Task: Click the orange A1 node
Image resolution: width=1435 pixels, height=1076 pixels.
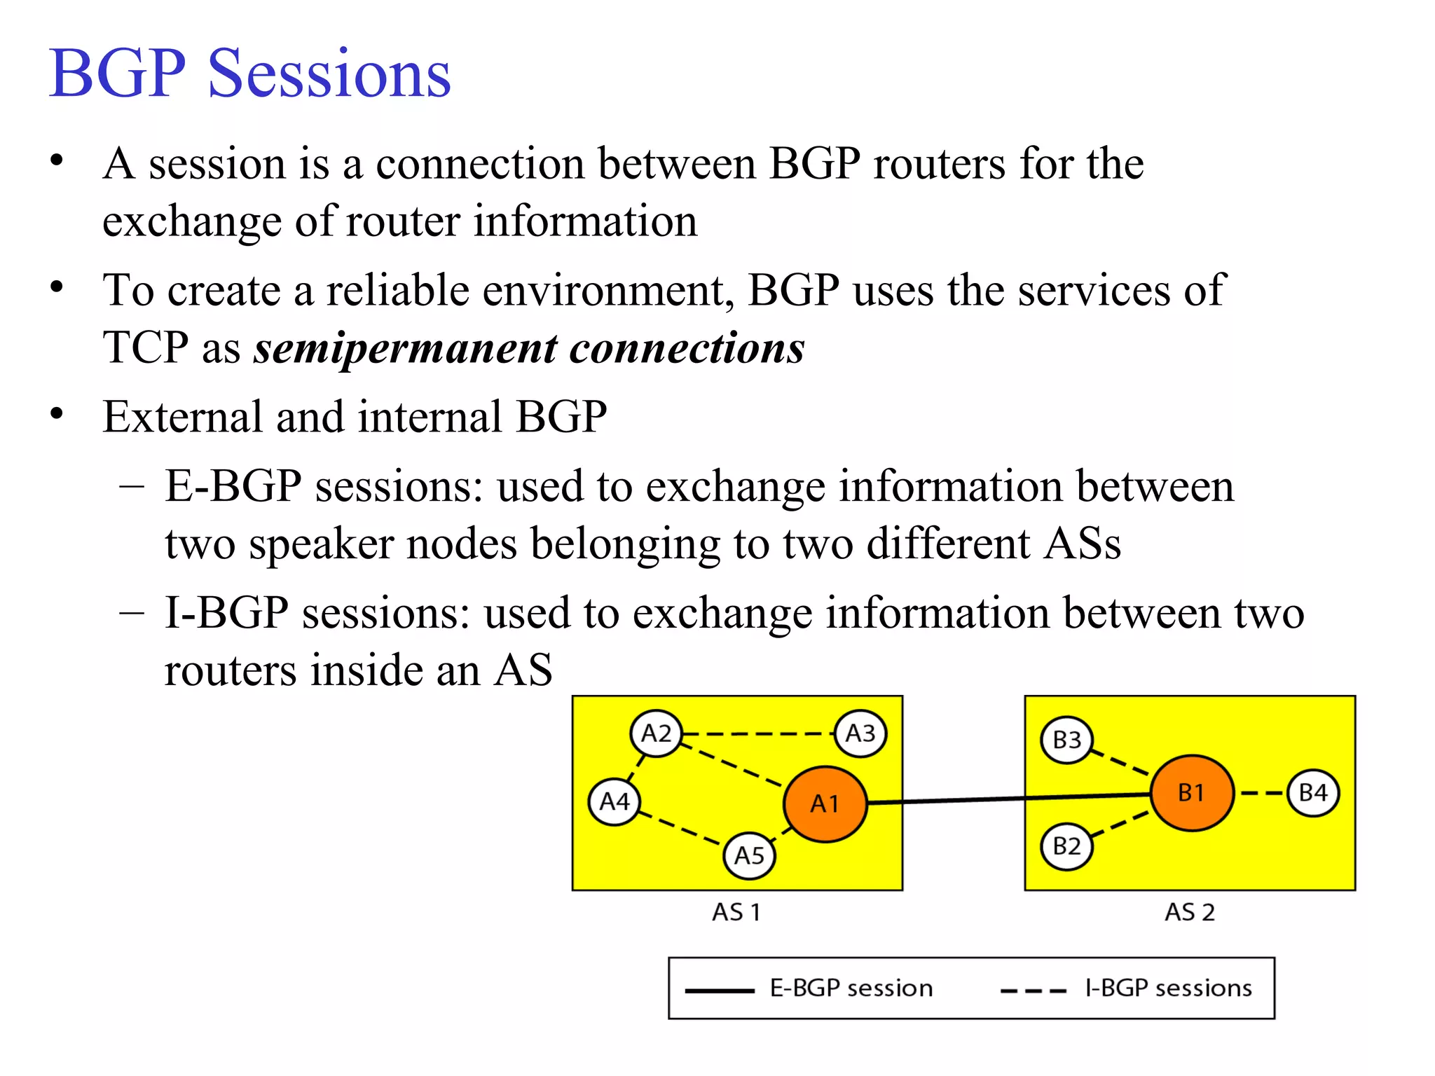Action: [825, 803]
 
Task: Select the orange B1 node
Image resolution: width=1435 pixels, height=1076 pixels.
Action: [1191, 792]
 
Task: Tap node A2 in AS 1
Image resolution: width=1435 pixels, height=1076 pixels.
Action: [656, 733]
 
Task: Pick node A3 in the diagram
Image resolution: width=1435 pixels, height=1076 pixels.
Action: [860, 733]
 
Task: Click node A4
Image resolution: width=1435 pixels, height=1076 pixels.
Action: [614, 801]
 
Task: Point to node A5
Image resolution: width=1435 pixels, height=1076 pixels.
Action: [749, 855]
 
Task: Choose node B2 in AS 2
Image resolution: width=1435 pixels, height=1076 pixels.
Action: [1066, 846]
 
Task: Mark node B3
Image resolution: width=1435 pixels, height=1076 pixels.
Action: [1066, 740]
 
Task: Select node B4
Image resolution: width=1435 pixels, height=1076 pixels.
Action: [1313, 792]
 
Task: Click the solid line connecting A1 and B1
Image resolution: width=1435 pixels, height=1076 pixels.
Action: [1009, 798]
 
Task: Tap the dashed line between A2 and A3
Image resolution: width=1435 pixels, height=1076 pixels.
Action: [758, 734]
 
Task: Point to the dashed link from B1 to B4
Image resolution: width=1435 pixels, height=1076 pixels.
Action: [1261, 793]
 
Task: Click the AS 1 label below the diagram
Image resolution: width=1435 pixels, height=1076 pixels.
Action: [736, 912]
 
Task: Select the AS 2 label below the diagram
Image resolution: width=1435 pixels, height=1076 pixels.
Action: [1189, 912]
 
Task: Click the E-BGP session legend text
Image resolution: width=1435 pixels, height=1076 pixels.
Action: [851, 988]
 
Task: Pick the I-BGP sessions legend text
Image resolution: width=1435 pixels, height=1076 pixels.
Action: [1168, 988]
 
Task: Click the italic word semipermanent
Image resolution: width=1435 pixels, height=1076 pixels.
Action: [406, 348]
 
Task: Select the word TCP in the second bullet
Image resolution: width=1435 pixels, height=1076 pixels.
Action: [146, 347]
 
